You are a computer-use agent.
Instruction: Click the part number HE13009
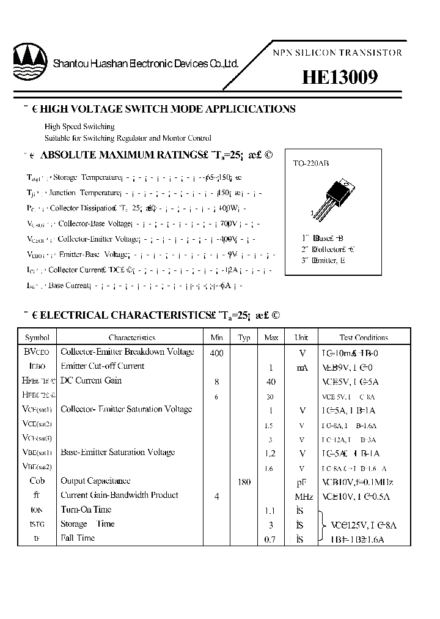[340, 78]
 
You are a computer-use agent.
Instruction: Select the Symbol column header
[37, 337]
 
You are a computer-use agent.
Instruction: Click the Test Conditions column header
[364, 337]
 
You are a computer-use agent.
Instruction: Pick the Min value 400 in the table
[216, 353]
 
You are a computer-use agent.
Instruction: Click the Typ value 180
[244, 482]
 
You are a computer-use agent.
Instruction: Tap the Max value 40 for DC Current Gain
[271, 382]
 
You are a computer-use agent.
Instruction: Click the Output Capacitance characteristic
[95, 481]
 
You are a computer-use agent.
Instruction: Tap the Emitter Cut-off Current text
[103, 366]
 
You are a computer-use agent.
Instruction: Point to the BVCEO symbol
[37, 352]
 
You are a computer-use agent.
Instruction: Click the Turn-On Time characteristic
[86, 510]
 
